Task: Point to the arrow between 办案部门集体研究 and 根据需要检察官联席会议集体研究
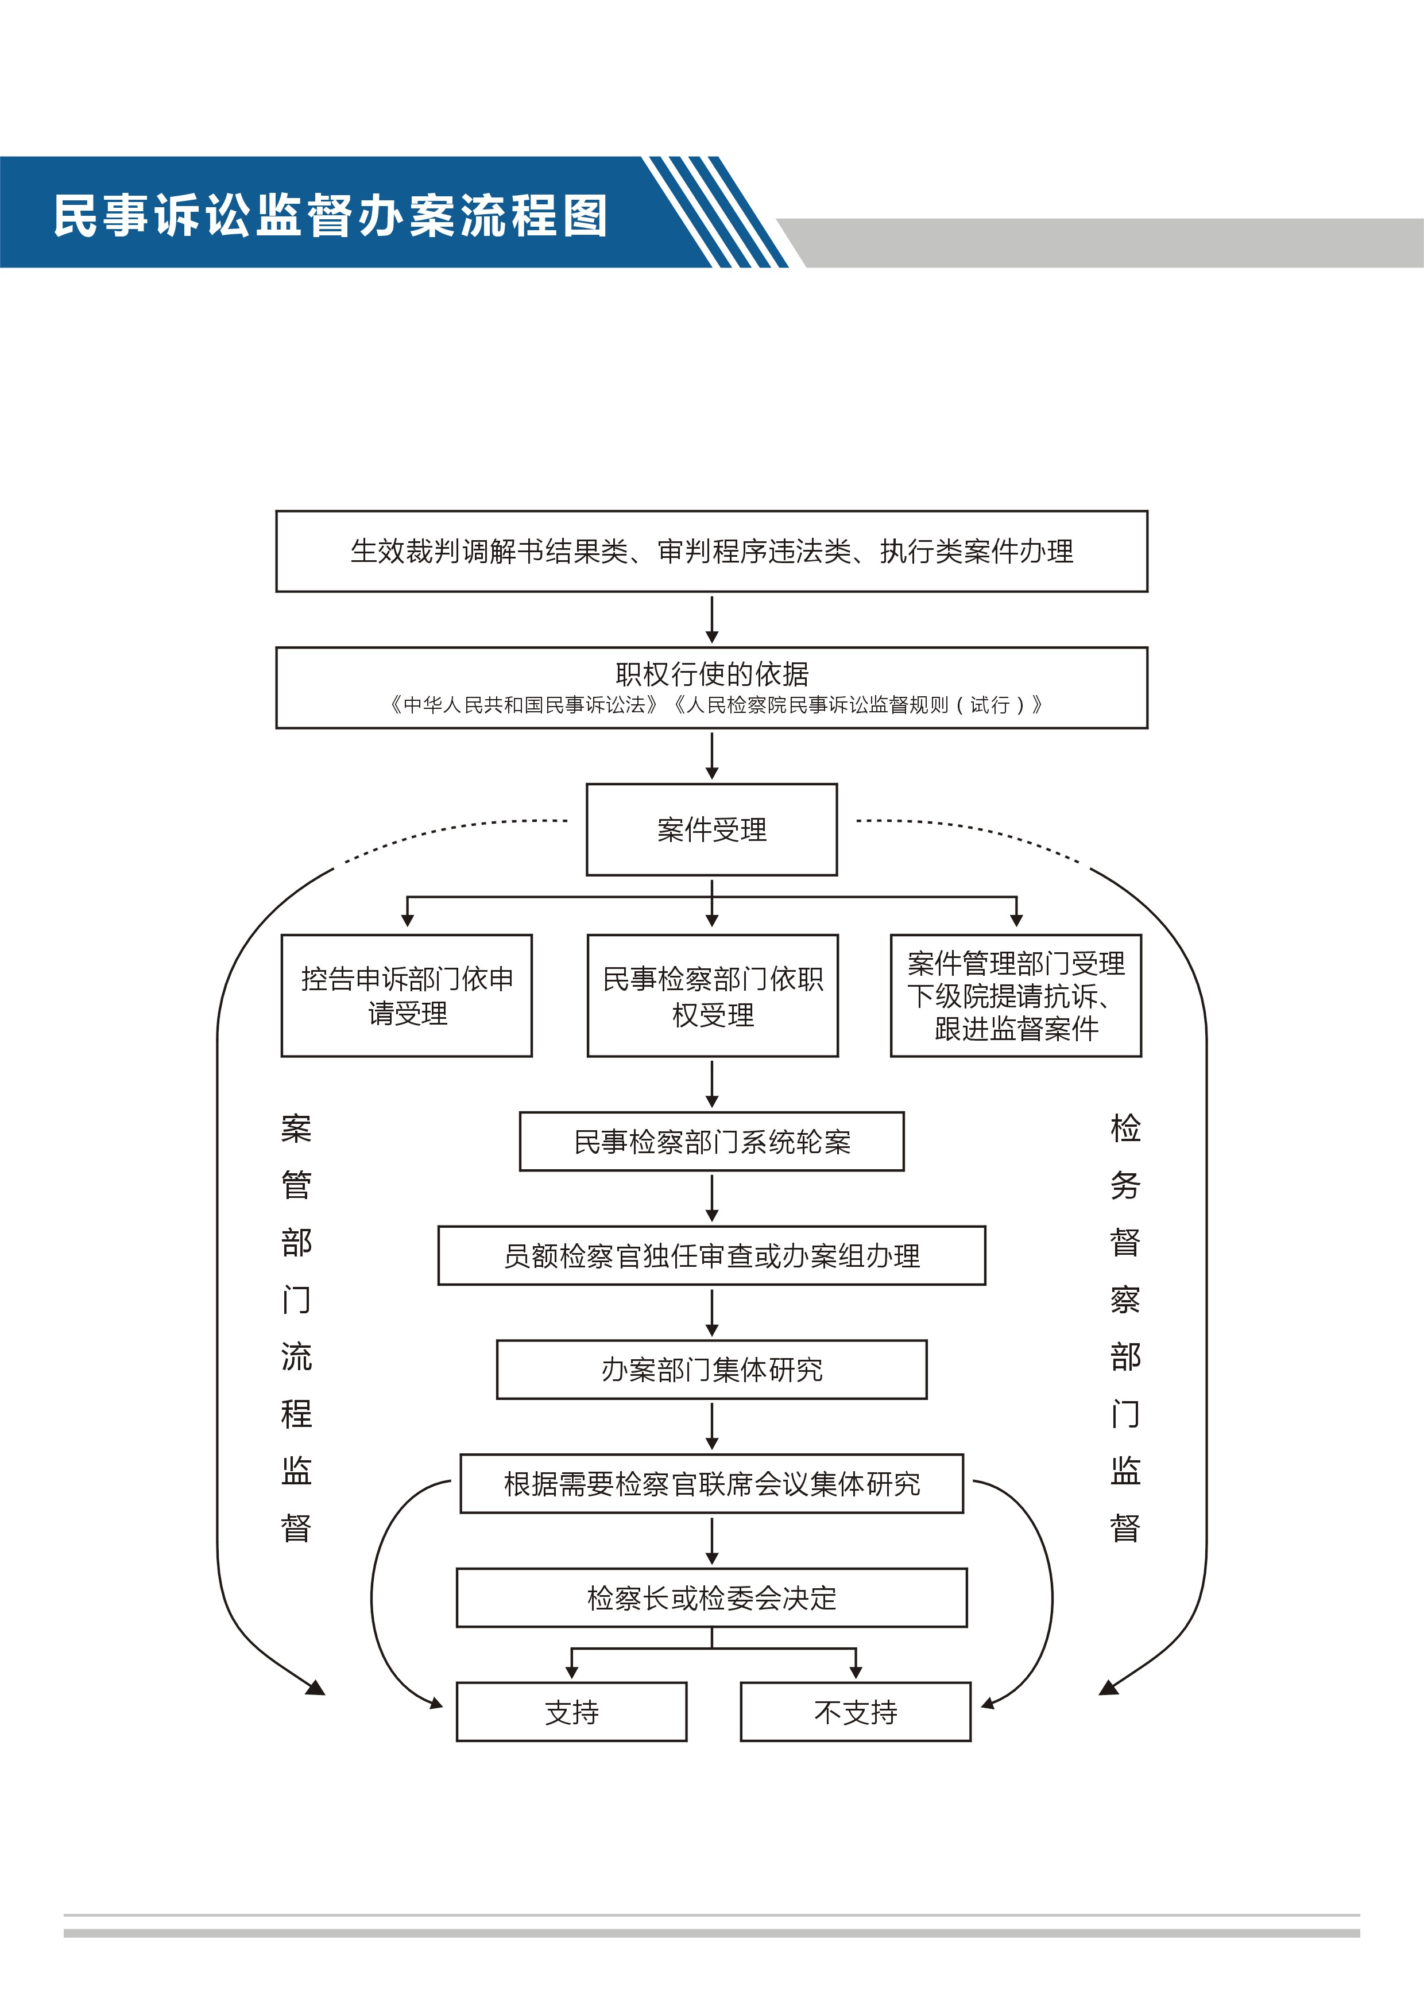pos(712,1426)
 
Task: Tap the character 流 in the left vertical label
pos(296,1356)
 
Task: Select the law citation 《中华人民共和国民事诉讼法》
pos(524,705)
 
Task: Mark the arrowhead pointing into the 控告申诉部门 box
pos(407,921)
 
